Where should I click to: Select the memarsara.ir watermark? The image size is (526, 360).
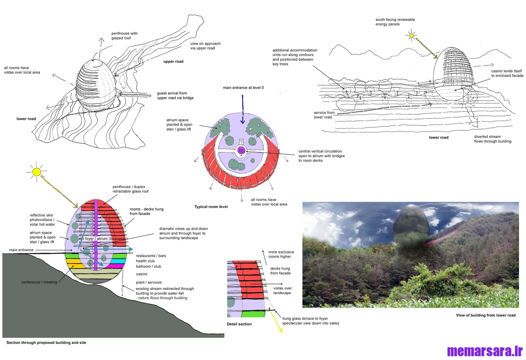(484, 351)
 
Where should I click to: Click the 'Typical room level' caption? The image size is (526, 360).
(211, 207)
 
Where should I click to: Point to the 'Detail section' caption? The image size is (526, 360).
(239, 324)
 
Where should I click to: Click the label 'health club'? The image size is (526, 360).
(145, 261)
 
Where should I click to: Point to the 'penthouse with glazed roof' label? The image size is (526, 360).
(125, 36)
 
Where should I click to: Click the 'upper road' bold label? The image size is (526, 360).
(173, 62)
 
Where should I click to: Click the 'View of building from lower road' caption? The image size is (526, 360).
(486, 315)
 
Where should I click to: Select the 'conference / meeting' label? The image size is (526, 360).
(39, 282)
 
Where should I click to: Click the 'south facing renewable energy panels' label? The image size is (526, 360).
(395, 22)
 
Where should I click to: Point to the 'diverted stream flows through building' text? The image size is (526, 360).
(492, 139)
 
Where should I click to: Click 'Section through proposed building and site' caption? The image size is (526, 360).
(46, 342)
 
